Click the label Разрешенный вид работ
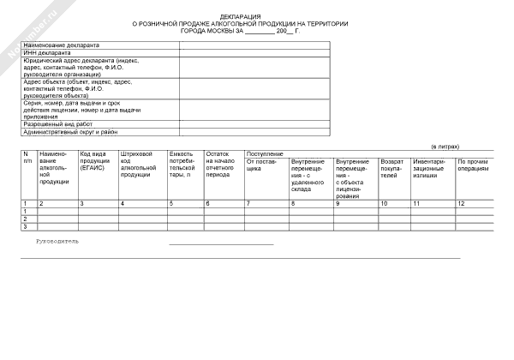point(57,124)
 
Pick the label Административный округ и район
point(70,133)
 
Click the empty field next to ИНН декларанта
point(254,53)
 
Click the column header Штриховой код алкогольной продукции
point(136,164)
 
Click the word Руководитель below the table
point(57,242)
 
